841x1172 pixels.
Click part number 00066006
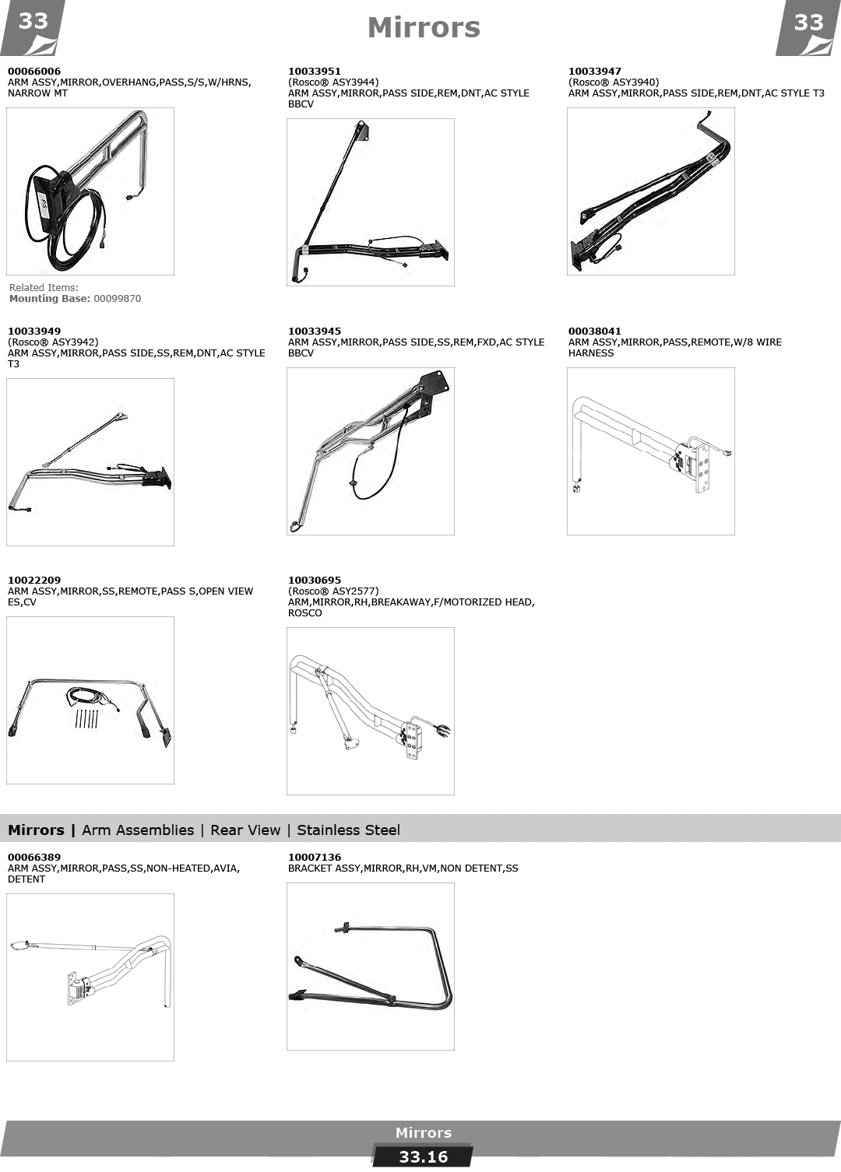click(x=34, y=71)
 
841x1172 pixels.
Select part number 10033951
click(x=314, y=71)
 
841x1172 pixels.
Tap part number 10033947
click(x=595, y=71)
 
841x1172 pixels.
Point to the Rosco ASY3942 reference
click(x=53, y=342)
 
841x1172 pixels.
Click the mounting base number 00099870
click(x=118, y=299)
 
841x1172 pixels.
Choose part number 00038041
click(x=595, y=332)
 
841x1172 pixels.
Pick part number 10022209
click(x=34, y=581)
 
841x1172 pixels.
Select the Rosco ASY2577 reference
click(x=333, y=591)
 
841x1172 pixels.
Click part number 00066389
click(x=34, y=857)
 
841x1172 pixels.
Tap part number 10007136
click(x=314, y=857)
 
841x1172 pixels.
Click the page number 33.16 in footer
click(x=424, y=1156)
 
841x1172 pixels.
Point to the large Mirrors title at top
click(x=424, y=28)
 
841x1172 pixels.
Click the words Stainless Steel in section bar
click(x=348, y=830)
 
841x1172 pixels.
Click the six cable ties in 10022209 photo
click(x=86, y=719)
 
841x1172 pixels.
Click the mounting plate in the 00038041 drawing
click(x=701, y=468)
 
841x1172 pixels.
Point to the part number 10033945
click(x=314, y=332)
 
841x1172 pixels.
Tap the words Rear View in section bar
click(x=245, y=830)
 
